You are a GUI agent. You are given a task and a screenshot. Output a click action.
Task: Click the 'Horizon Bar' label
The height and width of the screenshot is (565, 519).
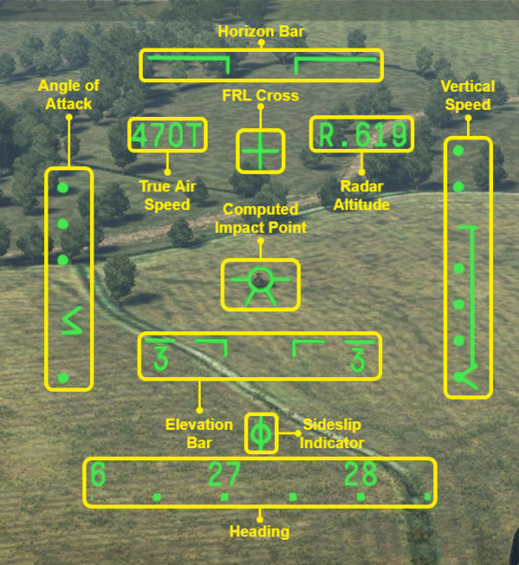point(259,32)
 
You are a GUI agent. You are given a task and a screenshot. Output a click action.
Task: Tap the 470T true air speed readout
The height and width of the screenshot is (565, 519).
point(167,135)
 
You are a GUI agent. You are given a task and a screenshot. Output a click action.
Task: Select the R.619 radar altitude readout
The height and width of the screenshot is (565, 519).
point(362,135)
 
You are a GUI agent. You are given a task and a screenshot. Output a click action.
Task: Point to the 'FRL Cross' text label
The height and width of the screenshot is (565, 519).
point(259,95)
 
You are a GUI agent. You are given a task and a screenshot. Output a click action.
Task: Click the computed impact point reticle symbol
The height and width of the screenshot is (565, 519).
point(259,283)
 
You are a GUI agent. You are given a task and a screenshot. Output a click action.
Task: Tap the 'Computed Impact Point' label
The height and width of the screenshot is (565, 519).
point(260,219)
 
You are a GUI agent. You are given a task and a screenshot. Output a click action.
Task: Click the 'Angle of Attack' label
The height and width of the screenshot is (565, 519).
point(69,94)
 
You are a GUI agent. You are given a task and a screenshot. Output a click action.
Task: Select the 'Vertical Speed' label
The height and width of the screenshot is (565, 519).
point(467,95)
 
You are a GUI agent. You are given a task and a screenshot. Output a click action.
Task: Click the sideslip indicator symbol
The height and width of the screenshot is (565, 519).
point(261,433)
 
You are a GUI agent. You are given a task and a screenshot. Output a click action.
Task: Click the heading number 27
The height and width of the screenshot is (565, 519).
point(223,475)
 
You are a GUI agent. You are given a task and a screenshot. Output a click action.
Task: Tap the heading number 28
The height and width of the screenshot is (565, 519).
point(361,475)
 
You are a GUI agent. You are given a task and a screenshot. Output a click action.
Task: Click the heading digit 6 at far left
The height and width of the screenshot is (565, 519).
point(98,475)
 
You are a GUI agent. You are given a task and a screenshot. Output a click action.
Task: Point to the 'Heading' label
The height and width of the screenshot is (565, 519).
point(259,531)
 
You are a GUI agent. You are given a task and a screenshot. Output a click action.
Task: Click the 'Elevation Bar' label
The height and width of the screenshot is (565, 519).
point(199,433)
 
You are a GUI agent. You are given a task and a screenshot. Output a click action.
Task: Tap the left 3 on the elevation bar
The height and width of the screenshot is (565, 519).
point(159,358)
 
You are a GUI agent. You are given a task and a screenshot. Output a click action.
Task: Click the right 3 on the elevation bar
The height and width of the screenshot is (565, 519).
point(357,358)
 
